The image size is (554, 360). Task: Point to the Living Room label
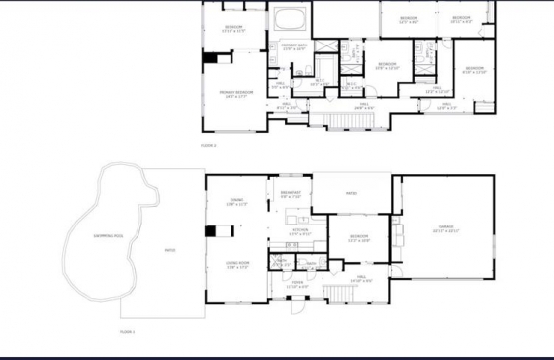237,266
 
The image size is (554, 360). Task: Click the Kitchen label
300,232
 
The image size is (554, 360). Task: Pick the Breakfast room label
290,194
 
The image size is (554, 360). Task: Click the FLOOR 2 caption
208,146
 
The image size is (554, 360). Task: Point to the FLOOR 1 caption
126,332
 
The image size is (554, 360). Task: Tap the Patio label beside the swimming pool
170,248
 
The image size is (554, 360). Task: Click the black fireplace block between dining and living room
211,232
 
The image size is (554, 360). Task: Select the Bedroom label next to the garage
359,237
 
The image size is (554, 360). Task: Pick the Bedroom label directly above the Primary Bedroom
233,28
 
